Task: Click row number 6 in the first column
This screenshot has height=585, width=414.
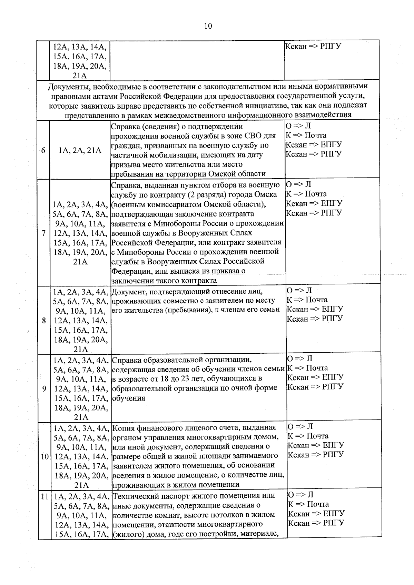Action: (43, 151)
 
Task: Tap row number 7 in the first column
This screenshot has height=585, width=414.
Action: (44, 233)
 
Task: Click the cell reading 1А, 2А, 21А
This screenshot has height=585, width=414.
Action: (80, 151)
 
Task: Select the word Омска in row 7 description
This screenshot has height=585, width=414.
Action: (266, 194)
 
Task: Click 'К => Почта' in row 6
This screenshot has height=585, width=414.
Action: (306, 135)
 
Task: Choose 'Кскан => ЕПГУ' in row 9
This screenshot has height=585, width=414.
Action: (315, 377)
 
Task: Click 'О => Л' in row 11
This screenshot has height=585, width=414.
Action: (300, 495)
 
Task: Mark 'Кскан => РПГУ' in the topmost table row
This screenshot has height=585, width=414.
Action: (313, 47)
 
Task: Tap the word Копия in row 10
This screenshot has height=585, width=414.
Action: (124, 428)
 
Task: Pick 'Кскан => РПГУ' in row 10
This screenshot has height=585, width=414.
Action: (316, 455)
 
